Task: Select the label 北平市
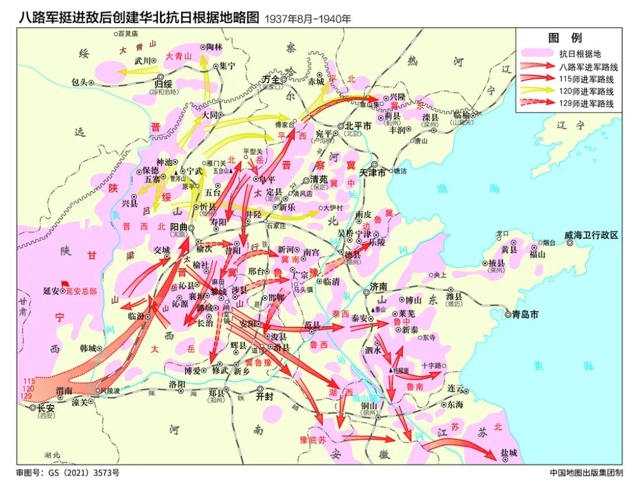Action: coord(359,126)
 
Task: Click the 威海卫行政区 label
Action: coord(592,235)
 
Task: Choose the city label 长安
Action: coord(46,408)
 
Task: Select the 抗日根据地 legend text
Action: coord(581,53)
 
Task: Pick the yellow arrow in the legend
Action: coord(537,91)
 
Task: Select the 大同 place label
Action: coord(209,115)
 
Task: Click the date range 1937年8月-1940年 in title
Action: coord(308,18)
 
